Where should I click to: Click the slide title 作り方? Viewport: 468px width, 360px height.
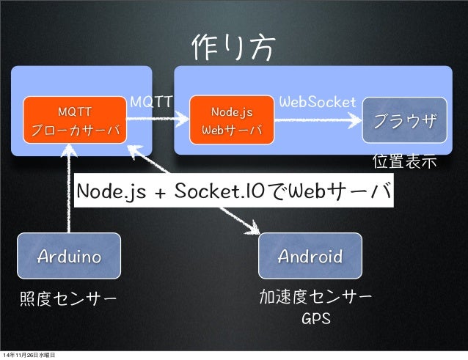pyautogui.click(x=234, y=49)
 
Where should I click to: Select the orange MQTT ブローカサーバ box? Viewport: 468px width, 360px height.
pyautogui.click(x=75, y=121)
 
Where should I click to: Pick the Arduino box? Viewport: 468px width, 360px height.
pyautogui.click(x=70, y=257)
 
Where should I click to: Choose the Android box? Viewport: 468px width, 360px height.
pyautogui.click(x=310, y=257)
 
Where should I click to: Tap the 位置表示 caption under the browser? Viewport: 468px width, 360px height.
pyautogui.click(x=405, y=160)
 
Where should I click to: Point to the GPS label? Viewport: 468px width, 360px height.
pyautogui.click(x=316, y=320)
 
